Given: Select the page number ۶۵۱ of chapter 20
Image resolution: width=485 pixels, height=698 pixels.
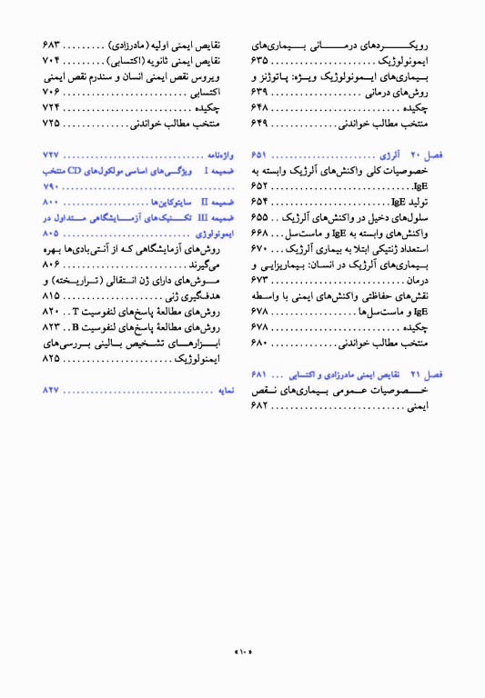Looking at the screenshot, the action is tap(264, 155).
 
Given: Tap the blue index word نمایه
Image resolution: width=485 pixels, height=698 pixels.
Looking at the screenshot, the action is tap(225, 390).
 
